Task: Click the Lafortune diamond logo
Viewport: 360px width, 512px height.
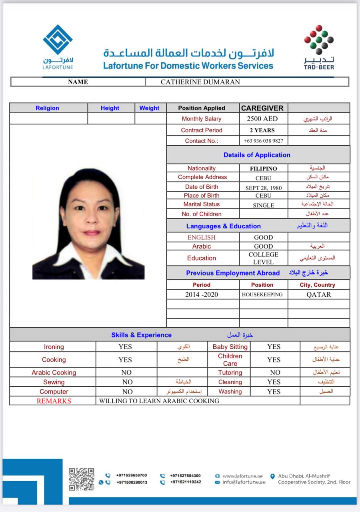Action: coord(58,40)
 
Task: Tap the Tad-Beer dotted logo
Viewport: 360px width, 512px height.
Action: coord(319,40)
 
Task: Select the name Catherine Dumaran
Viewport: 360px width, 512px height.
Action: coord(200,82)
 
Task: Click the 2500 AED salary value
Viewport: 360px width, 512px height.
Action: coord(262,119)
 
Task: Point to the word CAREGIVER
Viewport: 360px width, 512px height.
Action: coord(262,108)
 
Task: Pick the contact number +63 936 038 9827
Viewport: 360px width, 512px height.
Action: coord(263,141)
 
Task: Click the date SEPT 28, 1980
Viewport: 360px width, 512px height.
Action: coord(263,187)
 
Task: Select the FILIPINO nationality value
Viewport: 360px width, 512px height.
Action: coord(263,169)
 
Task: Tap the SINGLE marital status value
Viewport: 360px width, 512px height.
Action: coord(263,205)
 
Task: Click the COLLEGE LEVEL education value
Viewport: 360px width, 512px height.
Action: coord(263,258)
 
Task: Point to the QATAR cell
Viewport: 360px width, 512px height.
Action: coord(318,294)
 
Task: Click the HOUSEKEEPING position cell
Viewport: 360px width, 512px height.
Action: coord(262,294)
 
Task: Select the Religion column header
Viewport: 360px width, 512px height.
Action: coord(47,108)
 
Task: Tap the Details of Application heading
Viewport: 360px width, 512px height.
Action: coord(257,155)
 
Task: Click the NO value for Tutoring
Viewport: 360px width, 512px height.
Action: coord(275,372)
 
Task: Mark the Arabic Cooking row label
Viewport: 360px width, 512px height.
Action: coord(54,372)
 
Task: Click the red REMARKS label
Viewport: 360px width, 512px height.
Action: coord(54,401)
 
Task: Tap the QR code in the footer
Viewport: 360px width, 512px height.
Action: coord(82,479)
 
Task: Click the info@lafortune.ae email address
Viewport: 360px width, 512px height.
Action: coord(244,482)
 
